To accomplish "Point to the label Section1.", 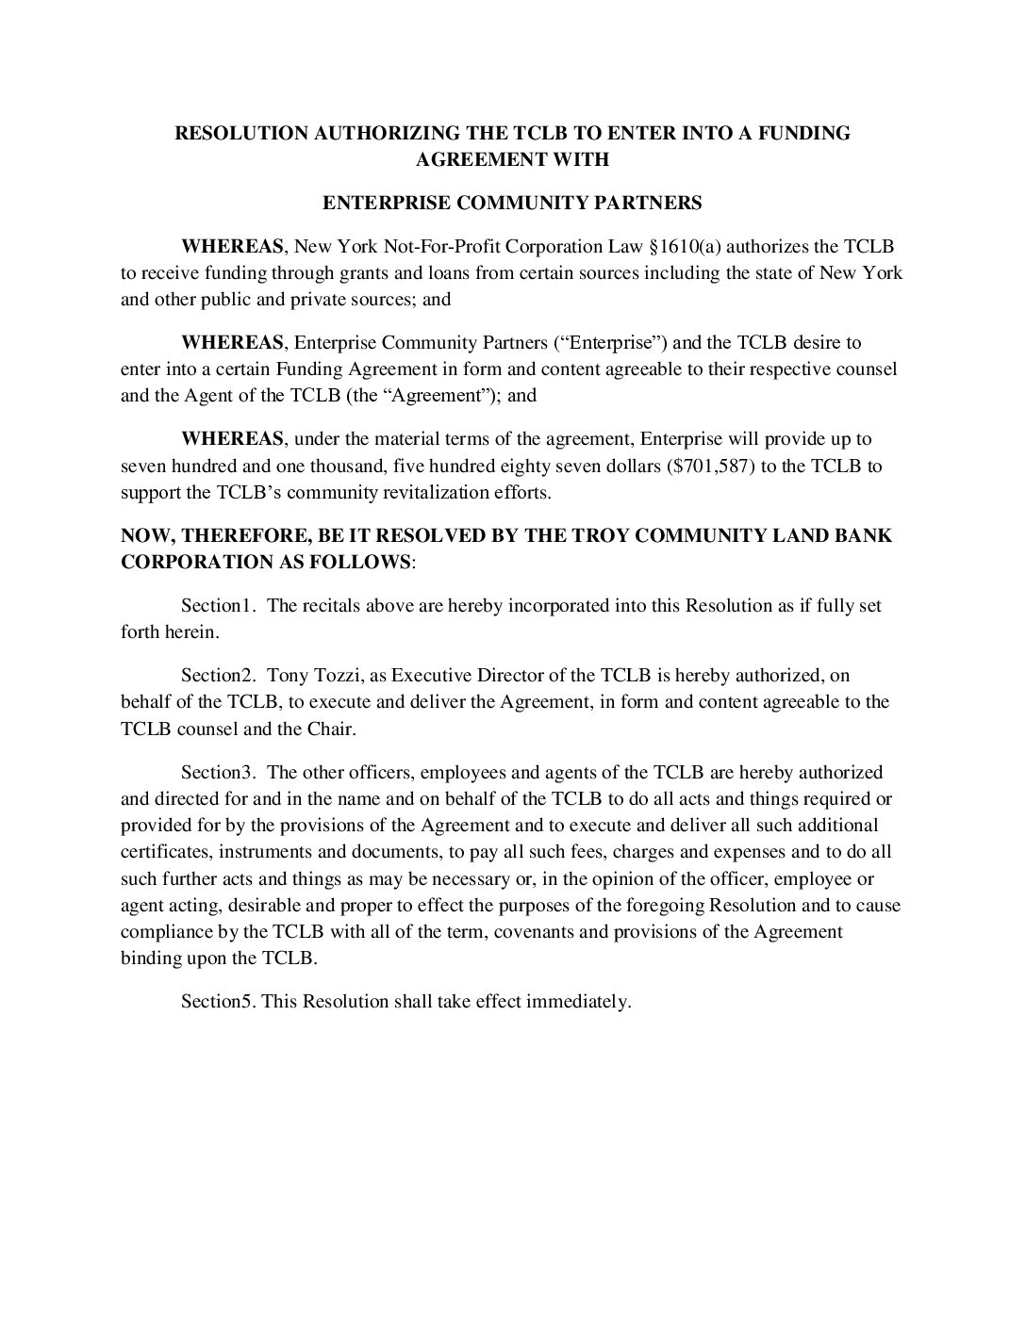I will tap(218, 605).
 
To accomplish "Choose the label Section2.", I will tap(218, 675).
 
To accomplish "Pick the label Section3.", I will tap(218, 773).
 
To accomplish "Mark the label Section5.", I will tap(218, 1002).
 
